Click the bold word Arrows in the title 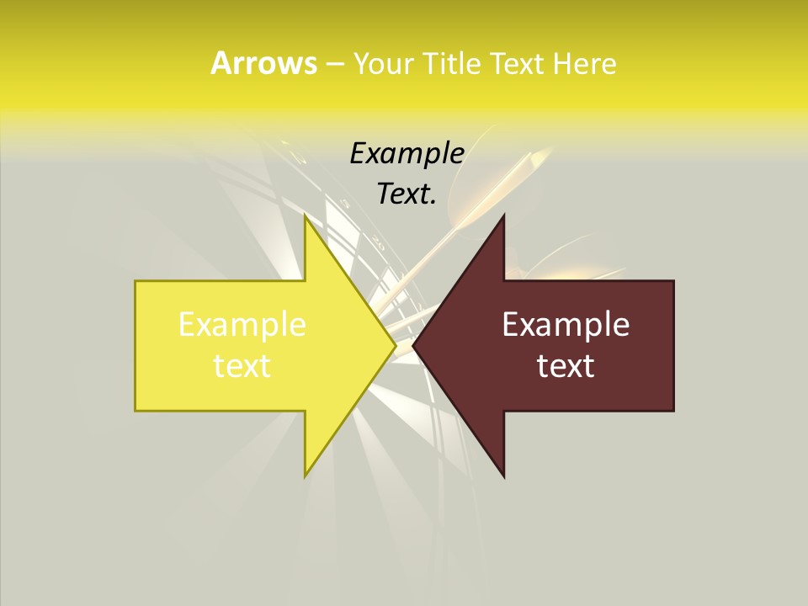[263, 63]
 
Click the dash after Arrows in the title [334, 64]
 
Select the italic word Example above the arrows [407, 154]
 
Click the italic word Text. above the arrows [407, 194]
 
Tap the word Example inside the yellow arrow [242, 325]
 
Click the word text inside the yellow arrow [242, 365]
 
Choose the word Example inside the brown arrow [566, 325]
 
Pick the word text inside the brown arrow [566, 365]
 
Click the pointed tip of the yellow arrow [396, 345]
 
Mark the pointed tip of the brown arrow [413, 345]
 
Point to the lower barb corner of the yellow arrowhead [305, 476]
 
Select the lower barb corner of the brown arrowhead [504, 477]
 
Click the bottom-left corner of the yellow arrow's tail [136, 411]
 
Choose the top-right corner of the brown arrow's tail [673, 280]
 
